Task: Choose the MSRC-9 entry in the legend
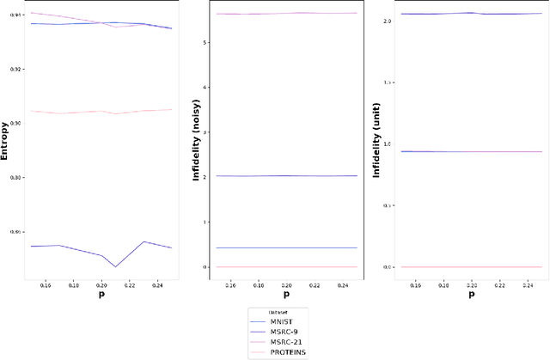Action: (x=281, y=332)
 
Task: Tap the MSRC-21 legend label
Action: (x=283, y=342)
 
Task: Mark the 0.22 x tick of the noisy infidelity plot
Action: (x=314, y=284)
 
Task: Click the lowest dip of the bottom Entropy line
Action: (x=115, y=266)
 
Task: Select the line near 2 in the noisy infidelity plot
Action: (x=284, y=175)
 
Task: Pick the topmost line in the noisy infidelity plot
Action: (x=284, y=13)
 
